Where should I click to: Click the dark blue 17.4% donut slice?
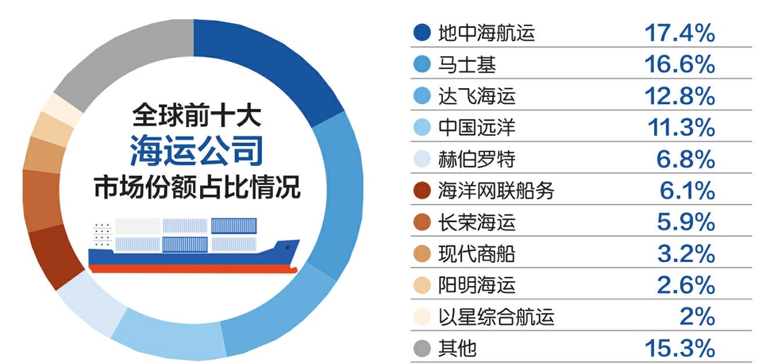[x=272, y=68]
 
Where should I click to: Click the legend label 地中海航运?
[x=486, y=33]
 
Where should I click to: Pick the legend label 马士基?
[x=467, y=64]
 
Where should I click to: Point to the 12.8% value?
[x=680, y=96]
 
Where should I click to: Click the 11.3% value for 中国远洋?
[x=681, y=128]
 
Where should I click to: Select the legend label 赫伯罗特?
[x=476, y=159]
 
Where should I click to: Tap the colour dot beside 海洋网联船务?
[x=421, y=191]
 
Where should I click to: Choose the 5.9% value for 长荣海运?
[x=686, y=222]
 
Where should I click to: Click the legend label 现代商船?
[x=476, y=254]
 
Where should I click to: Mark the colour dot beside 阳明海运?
[x=421, y=286]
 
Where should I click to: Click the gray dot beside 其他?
[x=421, y=349]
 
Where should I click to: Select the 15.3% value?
[x=680, y=349]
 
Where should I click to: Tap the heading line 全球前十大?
[x=196, y=116]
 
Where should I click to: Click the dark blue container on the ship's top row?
[x=233, y=226]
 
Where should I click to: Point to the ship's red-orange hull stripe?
[x=193, y=268]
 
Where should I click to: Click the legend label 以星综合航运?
[x=495, y=317]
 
